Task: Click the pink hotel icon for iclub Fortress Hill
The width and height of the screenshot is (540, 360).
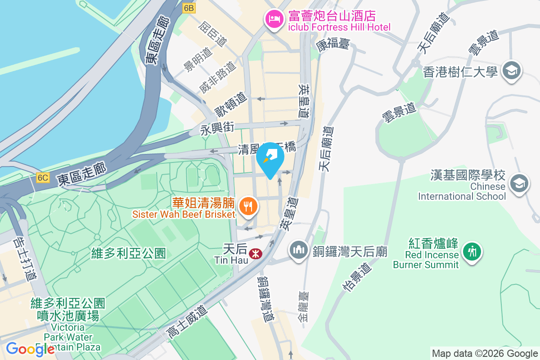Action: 274,18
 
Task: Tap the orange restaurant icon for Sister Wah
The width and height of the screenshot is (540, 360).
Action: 247,206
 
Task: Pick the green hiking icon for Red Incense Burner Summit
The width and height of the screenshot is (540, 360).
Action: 472,251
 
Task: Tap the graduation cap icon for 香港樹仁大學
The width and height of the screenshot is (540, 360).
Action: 512,71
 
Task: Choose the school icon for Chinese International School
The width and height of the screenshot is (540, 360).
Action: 519,183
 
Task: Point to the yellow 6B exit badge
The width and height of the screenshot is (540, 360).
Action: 189,8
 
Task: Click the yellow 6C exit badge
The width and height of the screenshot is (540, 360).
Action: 43,178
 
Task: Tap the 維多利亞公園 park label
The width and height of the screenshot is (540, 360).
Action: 122,253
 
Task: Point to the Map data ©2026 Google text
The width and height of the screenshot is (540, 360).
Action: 485,354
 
